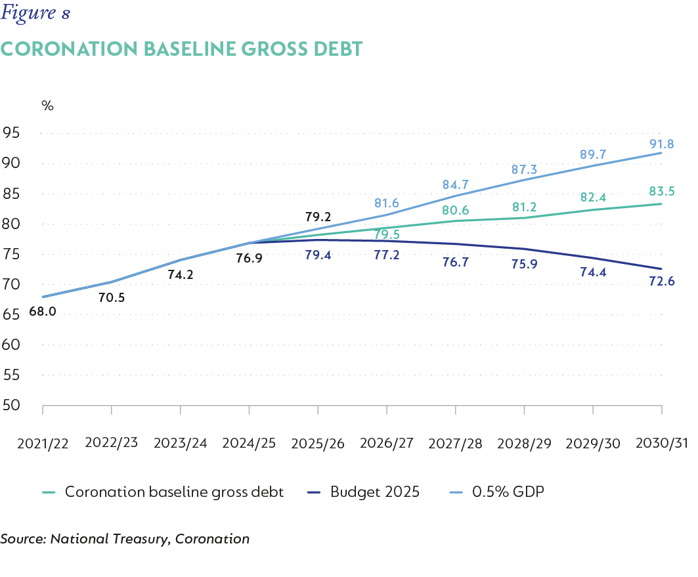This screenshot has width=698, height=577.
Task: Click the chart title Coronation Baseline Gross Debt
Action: [x=181, y=49]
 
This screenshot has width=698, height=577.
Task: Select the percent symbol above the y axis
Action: [x=47, y=105]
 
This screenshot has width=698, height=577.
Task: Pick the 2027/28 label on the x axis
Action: [x=455, y=443]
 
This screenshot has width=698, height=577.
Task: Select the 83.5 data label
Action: [x=661, y=192]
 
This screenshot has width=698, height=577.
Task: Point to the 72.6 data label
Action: [x=661, y=282]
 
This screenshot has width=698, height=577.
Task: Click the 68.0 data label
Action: [x=43, y=312]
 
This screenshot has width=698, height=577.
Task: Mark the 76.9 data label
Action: [x=250, y=259]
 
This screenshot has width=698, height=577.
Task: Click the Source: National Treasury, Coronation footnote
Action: [x=125, y=540]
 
